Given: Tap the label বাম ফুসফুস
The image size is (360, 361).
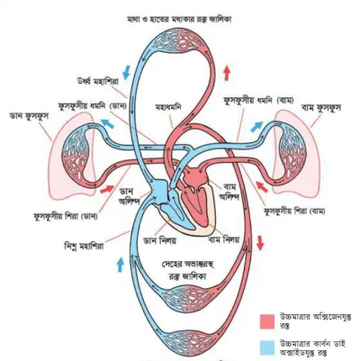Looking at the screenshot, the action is pyautogui.click(x=322, y=108).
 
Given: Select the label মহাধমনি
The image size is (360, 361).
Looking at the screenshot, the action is pyautogui.click(x=168, y=107).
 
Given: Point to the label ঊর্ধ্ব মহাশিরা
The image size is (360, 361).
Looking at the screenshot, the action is pyautogui.click(x=97, y=82).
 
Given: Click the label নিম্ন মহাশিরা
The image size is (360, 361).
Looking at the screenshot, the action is pyautogui.click(x=85, y=247).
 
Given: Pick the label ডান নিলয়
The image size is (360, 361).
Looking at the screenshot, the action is pyautogui.click(x=159, y=240).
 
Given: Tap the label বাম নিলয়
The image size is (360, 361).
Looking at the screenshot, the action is pyautogui.click(x=224, y=239).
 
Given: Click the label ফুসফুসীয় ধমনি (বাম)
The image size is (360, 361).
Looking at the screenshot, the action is pyautogui.click(x=258, y=100).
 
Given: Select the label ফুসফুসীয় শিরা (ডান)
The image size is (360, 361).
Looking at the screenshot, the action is pyautogui.click(x=66, y=216).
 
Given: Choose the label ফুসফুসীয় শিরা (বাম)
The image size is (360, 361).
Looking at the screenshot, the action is pyautogui.click(x=294, y=211).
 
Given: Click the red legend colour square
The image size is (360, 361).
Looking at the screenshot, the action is pyautogui.click(x=267, y=321).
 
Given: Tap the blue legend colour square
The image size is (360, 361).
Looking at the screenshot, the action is pyautogui.click(x=267, y=347).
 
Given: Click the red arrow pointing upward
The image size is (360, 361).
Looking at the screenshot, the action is pyautogui.click(x=227, y=73).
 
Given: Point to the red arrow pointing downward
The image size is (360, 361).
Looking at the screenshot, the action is pyautogui.click(x=260, y=243).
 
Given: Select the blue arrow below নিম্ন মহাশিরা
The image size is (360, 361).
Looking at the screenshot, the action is pyautogui.click(x=121, y=265).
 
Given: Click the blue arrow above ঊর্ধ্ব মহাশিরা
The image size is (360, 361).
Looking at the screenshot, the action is pyautogui.click(x=127, y=72).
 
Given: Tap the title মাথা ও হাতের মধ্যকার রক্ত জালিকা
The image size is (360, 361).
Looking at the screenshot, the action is pyautogui.click(x=179, y=20).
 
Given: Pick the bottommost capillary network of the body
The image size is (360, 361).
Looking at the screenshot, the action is pyautogui.click(x=184, y=339).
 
